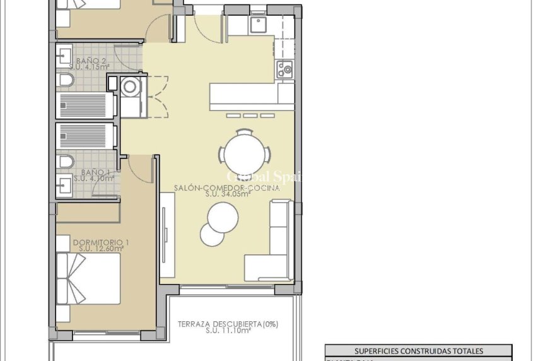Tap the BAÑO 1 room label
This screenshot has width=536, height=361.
[95, 172]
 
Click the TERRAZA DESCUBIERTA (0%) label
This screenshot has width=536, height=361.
[228, 324]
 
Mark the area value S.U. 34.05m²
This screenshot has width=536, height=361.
[228, 194]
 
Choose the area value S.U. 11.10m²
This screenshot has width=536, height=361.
[228, 331]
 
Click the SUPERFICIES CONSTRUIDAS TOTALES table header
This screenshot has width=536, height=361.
[418, 351]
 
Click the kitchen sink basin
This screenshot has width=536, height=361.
[258, 25]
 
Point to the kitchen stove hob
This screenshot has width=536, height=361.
[285, 69]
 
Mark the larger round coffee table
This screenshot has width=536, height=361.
[223, 218]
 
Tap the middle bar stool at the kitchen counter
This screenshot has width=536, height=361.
[250, 115]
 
